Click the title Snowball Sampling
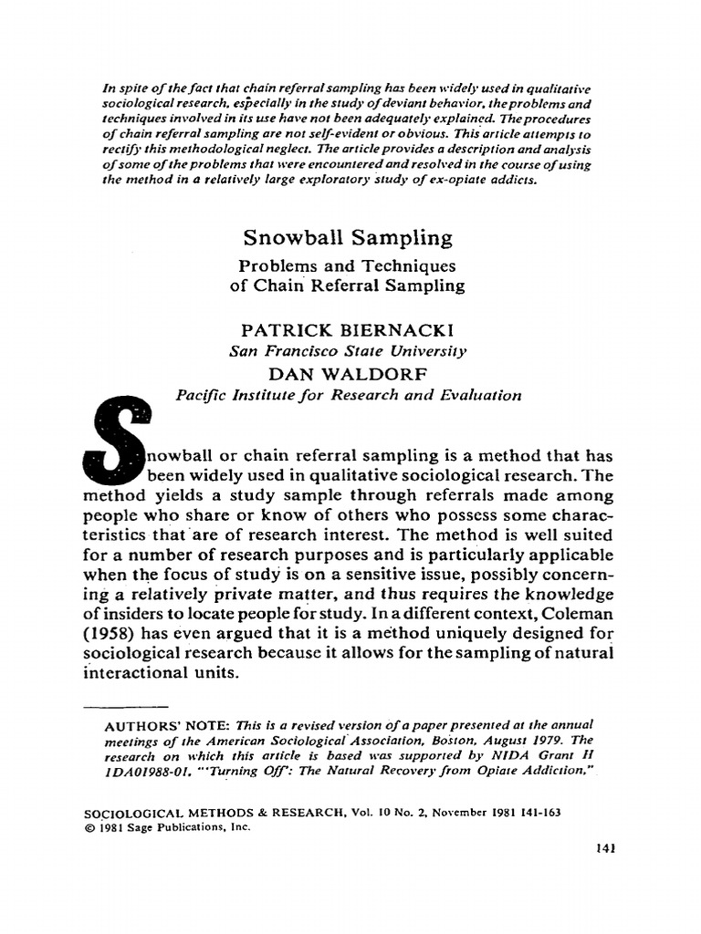click(x=347, y=238)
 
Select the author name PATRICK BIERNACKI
click(x=347, y=329)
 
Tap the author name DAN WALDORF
click(x=347, y=373)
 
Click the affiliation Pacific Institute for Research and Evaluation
click(x=348, y=395)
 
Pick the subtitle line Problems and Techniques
click(x=347, y=265)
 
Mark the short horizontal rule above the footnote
click(x=127, y=707)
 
